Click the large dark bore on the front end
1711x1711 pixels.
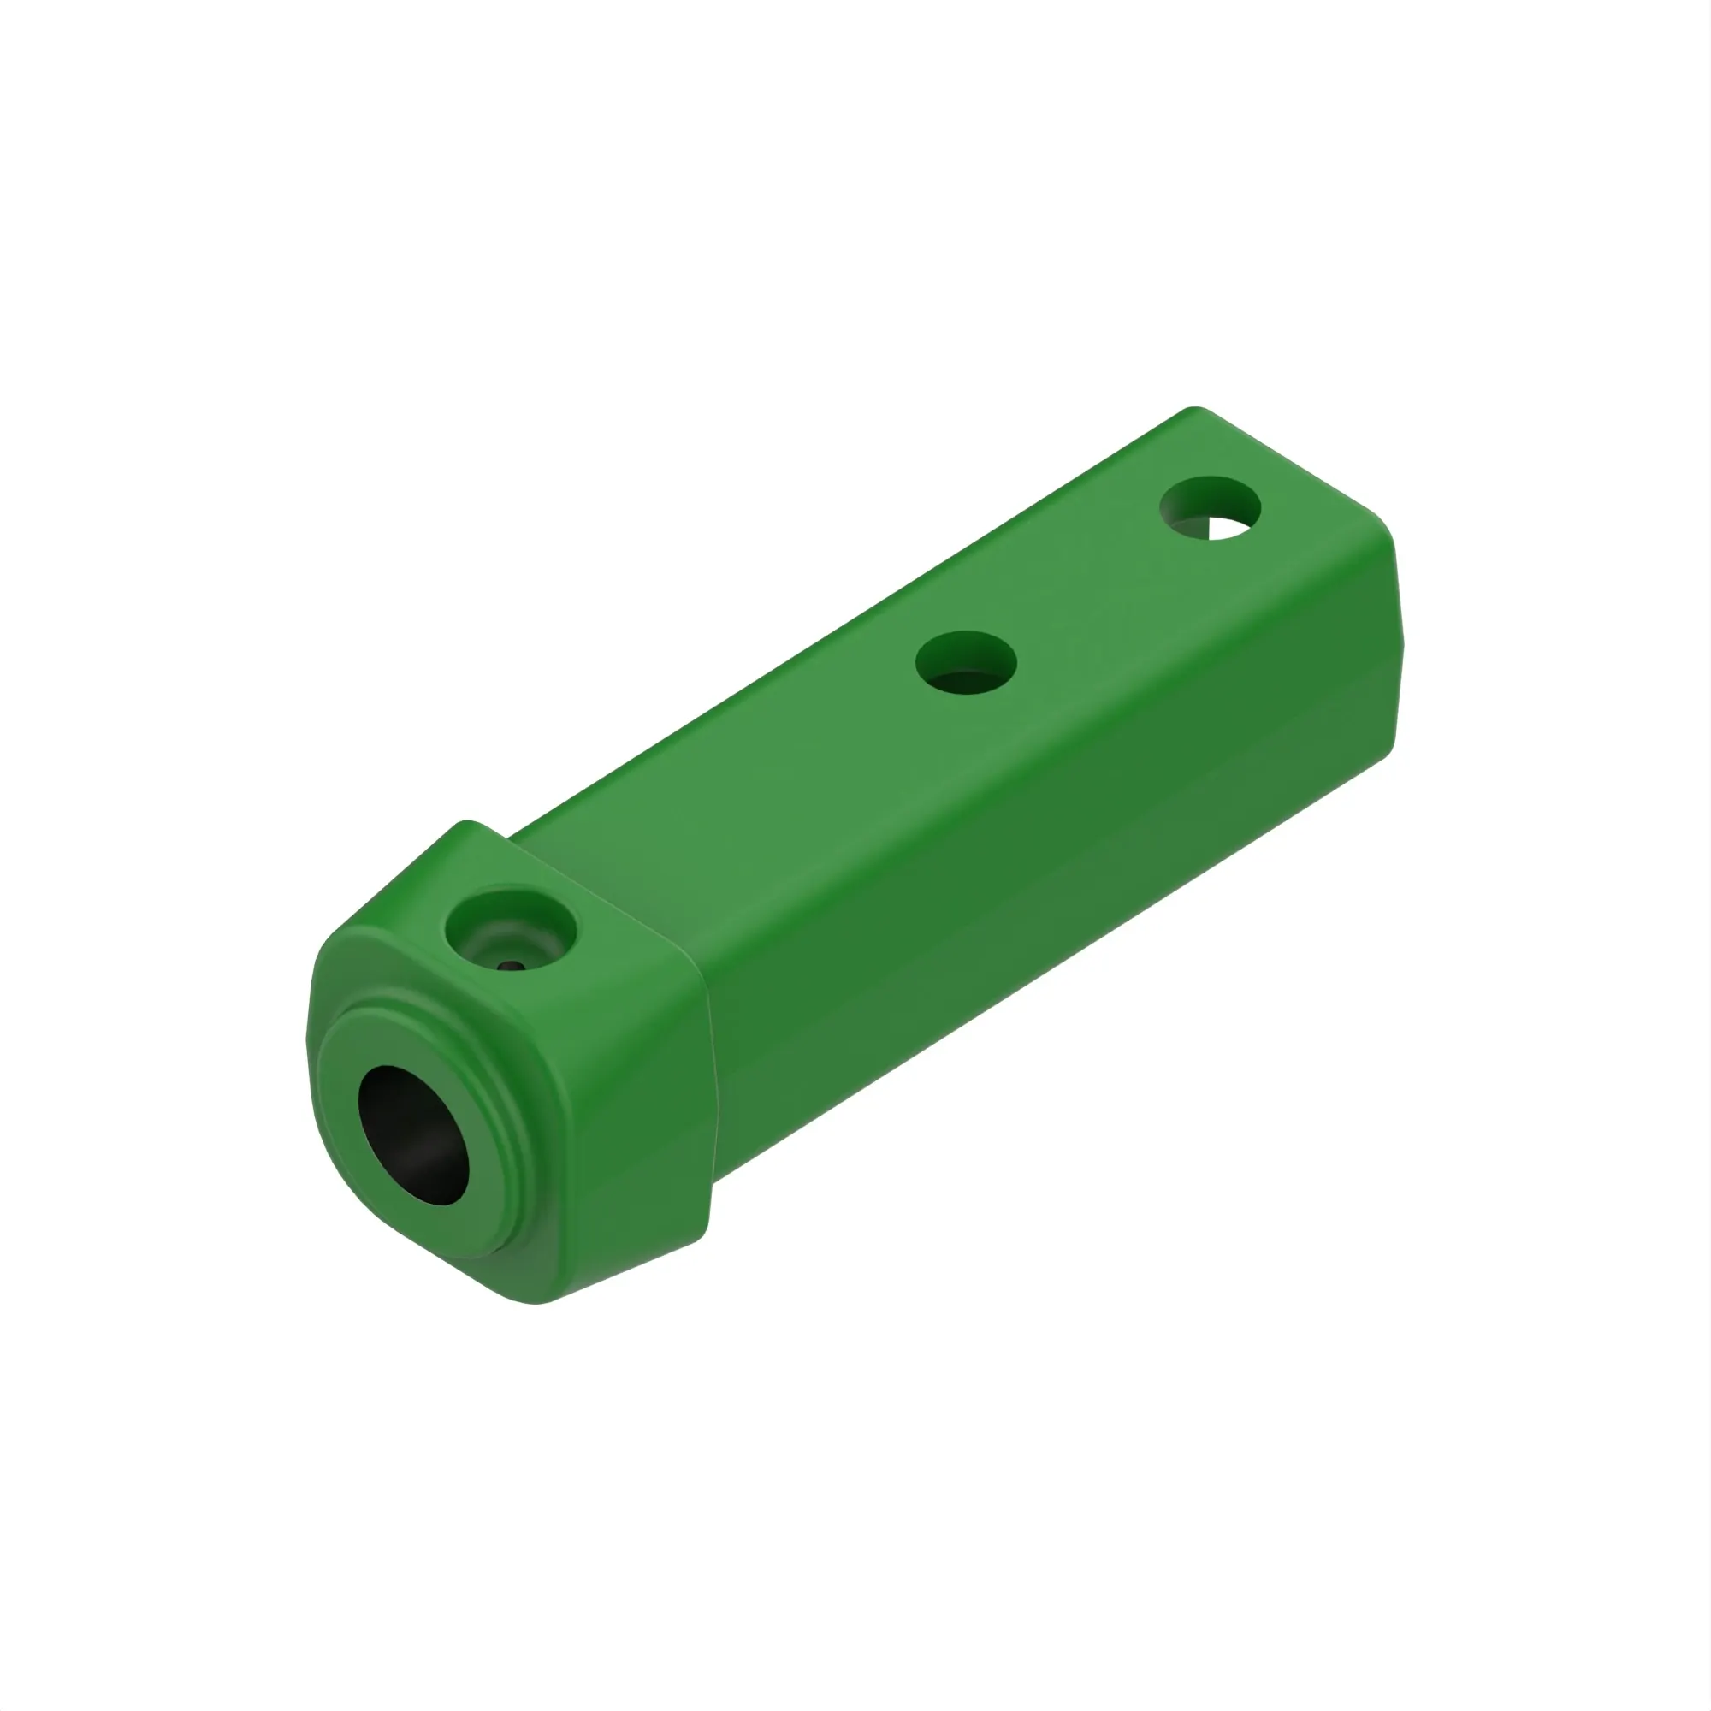pyautogui.click(x=413, y=1134)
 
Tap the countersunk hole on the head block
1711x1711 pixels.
pyautogui.click(x=510, y=931)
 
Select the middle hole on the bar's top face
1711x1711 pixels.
pyautogui.click(x=965, y=662)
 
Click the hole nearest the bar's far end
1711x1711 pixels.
pyautogui.click(x=1210, y=508)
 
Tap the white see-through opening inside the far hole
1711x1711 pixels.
pyautogui.click(x=1227, y=528)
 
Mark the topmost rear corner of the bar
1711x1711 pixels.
pyautogui.click(x=1196, y=409)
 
